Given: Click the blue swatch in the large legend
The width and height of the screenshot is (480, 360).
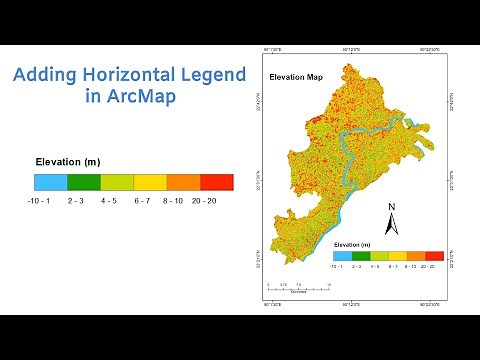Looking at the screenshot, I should tap(50, 182).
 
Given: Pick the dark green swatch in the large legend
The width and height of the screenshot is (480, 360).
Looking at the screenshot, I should tap(83, 182).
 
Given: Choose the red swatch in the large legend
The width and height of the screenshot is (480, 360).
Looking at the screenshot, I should tap(217, 182).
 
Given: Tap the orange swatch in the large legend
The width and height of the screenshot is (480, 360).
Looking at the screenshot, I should tap(184, 182).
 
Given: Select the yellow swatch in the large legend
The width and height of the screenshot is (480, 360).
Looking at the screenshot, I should tap(150, 182).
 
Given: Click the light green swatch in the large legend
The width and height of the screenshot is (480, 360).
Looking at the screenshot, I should tap(117, 182).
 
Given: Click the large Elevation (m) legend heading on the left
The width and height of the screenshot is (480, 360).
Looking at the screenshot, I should tap(67, 161).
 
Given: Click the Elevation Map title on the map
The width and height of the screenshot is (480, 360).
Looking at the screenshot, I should tap(295, 77).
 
